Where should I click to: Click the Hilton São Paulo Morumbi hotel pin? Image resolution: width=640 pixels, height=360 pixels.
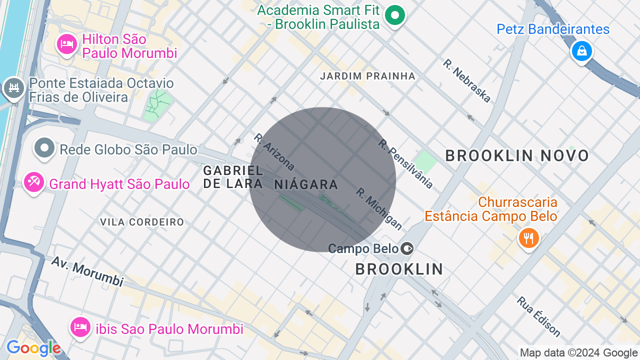pyautogui.click(x=66, y=44)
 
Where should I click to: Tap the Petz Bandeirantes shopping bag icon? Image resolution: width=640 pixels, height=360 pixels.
pyautogui.click(x=581, y=50)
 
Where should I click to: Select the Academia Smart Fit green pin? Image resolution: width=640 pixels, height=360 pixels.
pyautogui.click(x=395, y=15)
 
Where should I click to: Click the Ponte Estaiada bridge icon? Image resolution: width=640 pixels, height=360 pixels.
pyautogui.click(x=14, y=88)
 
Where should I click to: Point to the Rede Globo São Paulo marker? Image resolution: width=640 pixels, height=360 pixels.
pyautogui.click(x=45, y=148)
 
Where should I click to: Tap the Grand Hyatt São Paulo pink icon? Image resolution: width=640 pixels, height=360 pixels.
pyautogui.click(x=34, y=182)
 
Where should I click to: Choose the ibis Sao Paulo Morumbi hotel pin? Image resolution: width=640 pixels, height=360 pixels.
pyautogui.click(x=80, y=327)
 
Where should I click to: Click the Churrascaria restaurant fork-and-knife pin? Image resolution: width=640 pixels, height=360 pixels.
pyautogui.click(x=528, y=238)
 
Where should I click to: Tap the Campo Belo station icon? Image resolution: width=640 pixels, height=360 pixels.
pyautogui.click(x=407, y=248)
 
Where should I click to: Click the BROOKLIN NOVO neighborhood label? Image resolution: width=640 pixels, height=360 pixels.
pyautogui.click(x=517, y=156)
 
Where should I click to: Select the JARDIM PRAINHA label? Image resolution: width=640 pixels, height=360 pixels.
pyautogui.click(x=367, y=76)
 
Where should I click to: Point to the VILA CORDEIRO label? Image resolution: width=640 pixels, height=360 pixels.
pyautogui.click(x=142, y=222)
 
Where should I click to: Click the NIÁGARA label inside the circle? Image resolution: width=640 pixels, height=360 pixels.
pyautogui.click(x=306, y=184)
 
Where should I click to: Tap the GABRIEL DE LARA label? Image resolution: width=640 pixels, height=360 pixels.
pyautogui.click(x=233, y=177)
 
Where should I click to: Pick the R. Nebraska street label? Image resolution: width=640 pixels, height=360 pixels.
pyautogui.click(x=466, y=81)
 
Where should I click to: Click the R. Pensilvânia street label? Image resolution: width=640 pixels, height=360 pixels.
pyautogui.click(x=405, y=164)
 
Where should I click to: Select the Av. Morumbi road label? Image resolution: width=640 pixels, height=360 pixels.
pyautogui.click(x=87, y=272)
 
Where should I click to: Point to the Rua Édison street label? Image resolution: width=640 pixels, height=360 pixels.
pyautogui.click(x=538, y=316)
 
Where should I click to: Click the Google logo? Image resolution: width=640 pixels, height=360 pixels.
pyautogui.click(x=33, y=348)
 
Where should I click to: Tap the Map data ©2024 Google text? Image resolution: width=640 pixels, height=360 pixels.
pyautogui.click(x=578, y=353)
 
